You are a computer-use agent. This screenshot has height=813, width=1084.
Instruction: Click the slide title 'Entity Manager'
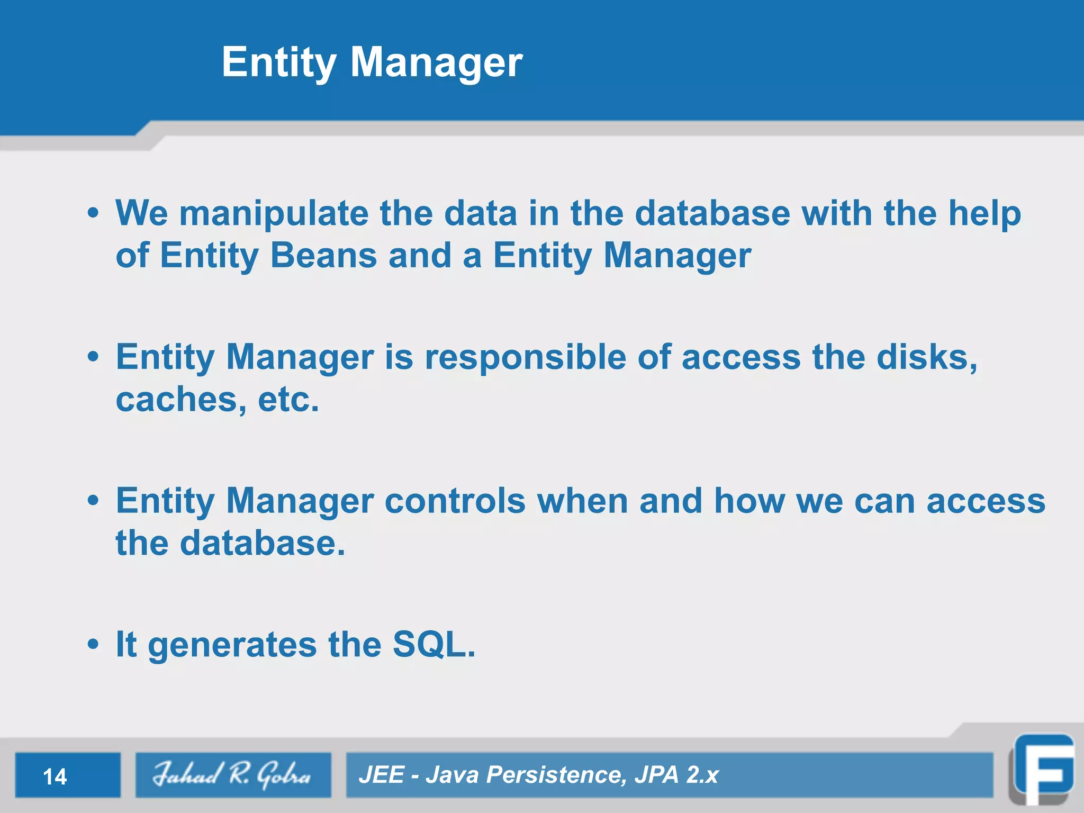(372, 62)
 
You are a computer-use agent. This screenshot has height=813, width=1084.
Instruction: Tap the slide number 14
(55, 777)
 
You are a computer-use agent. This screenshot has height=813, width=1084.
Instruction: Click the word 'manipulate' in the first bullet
(274, 213)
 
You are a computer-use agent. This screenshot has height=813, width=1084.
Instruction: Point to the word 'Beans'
(323, 256)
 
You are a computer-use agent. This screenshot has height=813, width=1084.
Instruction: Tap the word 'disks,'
(927, 357)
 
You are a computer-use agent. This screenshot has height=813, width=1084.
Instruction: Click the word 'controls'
(455, 501)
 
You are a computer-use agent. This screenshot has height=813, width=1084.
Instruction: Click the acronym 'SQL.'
(433, 644)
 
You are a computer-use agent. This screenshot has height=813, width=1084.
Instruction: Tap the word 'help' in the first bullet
(984, 213)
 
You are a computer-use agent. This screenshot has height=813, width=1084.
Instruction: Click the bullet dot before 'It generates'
(93, 645)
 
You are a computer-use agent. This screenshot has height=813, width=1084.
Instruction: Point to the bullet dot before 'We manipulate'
(93, 213)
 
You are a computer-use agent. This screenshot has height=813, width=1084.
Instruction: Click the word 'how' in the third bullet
(749, 501)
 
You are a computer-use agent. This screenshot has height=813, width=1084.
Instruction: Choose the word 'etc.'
(288, 400)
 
